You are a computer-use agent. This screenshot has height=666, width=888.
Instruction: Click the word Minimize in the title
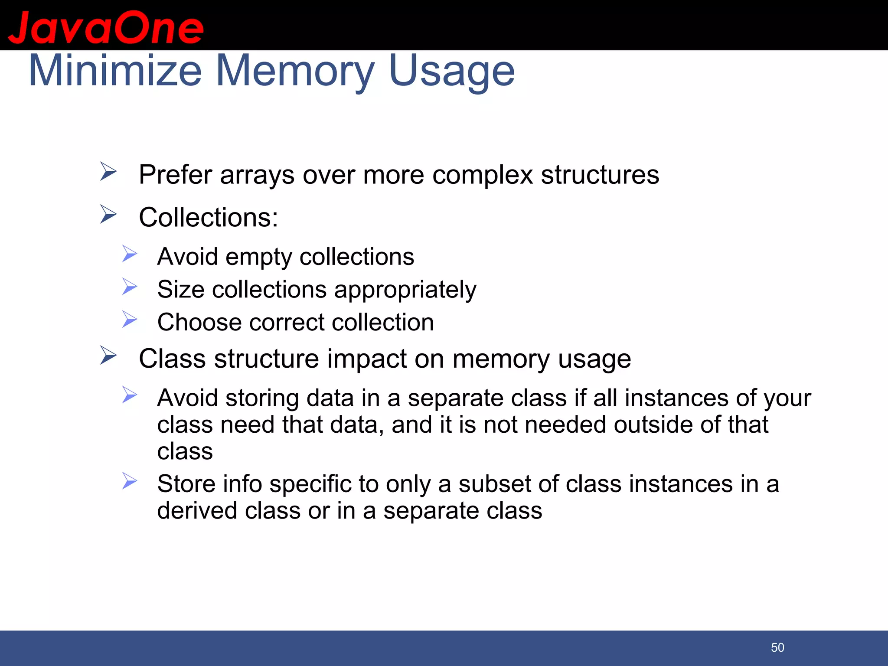[115, 71]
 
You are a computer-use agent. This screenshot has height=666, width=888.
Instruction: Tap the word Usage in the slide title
[452, 71]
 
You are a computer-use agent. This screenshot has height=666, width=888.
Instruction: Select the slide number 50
[777, 647]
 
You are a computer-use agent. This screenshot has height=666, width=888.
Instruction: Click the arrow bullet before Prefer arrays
[108, 171]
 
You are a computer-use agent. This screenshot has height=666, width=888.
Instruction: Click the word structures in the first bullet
[600, 175]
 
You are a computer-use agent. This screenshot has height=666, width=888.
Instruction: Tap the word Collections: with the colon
[209, 217]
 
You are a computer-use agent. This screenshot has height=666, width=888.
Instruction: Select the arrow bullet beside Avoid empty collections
[129, 254]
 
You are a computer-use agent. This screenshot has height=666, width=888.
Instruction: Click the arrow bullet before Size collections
[129, 287]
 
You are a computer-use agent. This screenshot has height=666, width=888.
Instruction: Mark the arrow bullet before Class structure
[108, 355]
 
